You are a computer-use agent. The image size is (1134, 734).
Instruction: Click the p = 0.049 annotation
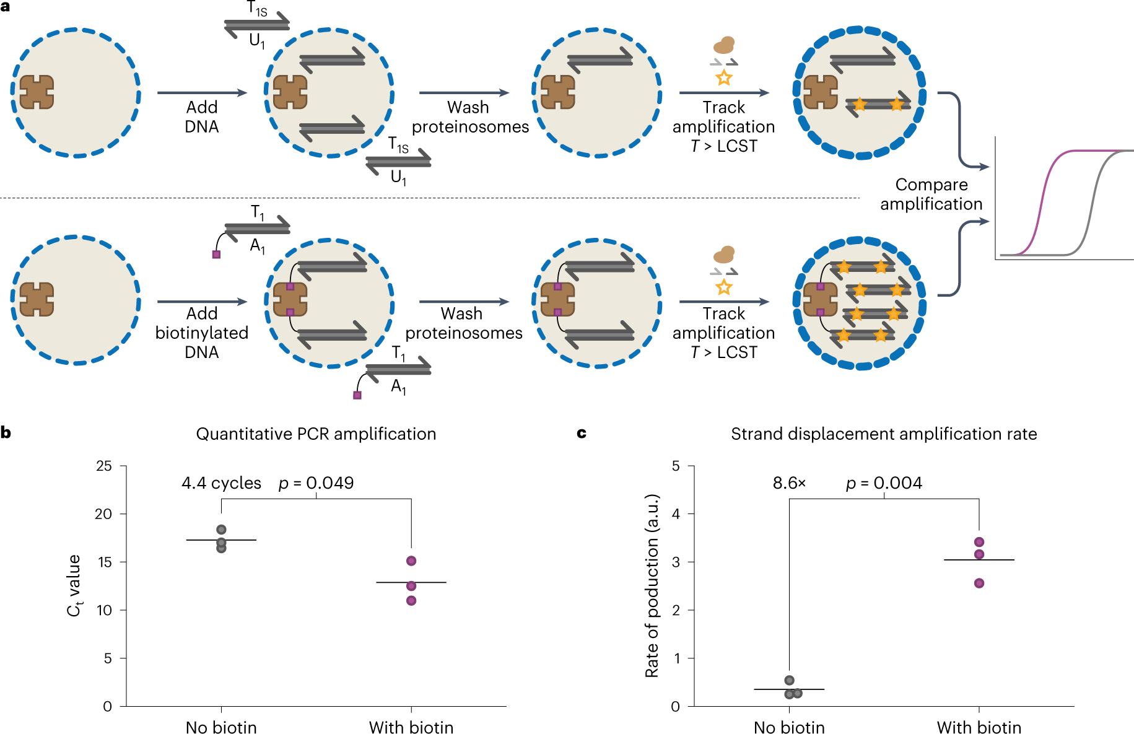316,483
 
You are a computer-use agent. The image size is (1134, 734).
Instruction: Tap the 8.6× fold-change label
789,483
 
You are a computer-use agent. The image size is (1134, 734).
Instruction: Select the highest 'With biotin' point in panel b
411,561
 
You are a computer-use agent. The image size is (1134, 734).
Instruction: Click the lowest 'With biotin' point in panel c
979,583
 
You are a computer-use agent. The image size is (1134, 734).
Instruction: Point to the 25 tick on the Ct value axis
104,466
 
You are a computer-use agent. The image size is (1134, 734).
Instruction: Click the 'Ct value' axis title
74,585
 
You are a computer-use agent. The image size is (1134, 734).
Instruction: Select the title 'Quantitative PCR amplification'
316,434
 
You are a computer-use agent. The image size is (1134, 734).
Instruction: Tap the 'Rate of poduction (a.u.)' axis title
652,585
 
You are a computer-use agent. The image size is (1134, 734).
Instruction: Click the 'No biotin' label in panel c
789,727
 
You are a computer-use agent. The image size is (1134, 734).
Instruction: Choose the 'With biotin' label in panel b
411,727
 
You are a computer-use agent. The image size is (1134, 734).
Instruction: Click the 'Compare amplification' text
931,194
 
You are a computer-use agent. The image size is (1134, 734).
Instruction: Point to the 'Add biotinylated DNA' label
202,333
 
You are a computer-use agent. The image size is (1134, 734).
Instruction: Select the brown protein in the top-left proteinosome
37,92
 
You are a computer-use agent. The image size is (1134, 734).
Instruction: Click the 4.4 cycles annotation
221,483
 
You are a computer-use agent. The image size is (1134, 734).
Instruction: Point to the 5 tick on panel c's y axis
676,466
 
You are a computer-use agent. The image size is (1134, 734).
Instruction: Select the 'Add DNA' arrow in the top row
202,93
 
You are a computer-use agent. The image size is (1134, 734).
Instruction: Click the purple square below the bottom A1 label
357,395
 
